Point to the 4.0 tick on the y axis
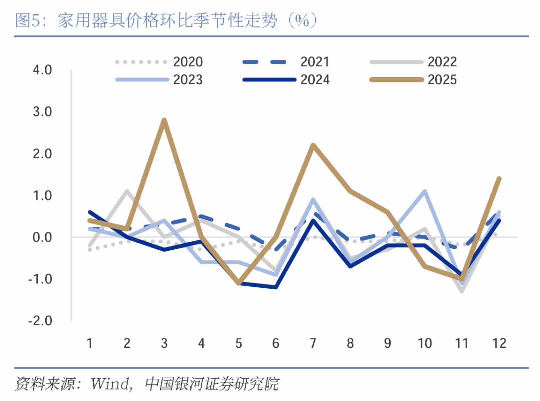[x=42, y=70]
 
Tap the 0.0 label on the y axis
[x=42, y=237]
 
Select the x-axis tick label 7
[x=313, y=343]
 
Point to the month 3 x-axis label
[x=164, y=343]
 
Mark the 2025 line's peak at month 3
[x=164, y=120]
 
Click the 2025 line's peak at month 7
[x=313, y=145]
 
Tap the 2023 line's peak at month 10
[x=424, y=191]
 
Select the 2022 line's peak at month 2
[x=127, y=191]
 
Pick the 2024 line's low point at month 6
[x=275, y=287]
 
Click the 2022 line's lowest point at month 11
[x=462, y=291]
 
